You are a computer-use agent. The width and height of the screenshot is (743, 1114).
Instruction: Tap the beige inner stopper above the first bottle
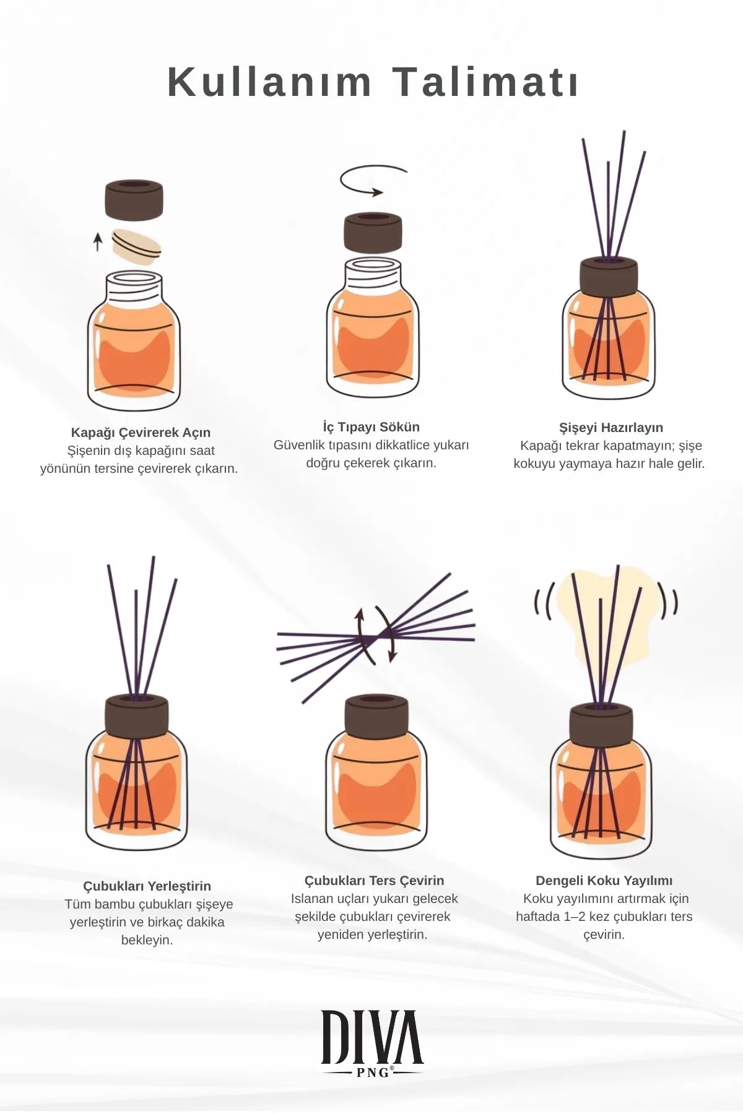tap(137, 247)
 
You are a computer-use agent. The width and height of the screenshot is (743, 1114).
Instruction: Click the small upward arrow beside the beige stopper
tap(97, 241)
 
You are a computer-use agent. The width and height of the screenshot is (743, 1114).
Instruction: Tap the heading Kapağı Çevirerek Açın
tap(141, 433)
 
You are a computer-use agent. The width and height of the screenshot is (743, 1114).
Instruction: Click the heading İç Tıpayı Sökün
tap(371, 427)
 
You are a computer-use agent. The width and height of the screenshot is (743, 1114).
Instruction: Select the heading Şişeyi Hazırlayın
tap(610, 428)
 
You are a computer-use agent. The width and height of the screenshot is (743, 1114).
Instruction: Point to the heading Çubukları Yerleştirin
tap(147, 886)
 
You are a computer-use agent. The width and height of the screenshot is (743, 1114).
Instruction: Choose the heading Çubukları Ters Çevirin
tap(374, 881)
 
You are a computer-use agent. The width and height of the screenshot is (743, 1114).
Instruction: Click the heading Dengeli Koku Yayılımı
tap(604, 881)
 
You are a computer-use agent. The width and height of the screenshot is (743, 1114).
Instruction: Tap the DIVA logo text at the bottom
tap(372, 1037)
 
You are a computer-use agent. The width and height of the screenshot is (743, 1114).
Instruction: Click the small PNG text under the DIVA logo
tap(373, 1073)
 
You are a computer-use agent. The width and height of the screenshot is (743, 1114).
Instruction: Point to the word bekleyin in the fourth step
tap(147, 940)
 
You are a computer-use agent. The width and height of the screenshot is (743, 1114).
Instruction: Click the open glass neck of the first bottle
tap(134, 286)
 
